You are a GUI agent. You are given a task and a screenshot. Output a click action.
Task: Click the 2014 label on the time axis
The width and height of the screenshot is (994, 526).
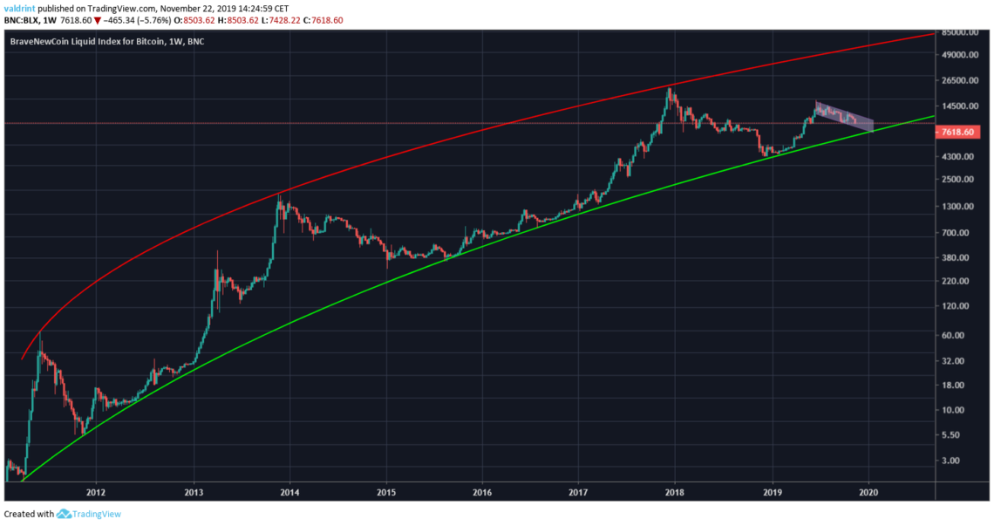(x=289, y=492)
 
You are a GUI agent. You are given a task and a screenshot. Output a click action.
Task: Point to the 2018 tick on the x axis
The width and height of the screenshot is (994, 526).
(x=675, y=492)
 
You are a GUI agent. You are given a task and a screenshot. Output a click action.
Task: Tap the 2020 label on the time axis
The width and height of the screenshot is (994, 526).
(x=868, y=492)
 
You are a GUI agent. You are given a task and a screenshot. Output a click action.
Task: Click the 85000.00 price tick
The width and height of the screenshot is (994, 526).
(x=963, y=33)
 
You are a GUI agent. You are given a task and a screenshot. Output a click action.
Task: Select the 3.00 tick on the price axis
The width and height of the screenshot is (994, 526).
(x=954, y=461)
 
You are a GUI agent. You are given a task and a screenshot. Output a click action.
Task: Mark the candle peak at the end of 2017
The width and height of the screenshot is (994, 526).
(x=669, y=88)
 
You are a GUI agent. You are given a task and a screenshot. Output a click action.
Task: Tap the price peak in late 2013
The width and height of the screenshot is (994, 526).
(x=279, y=196)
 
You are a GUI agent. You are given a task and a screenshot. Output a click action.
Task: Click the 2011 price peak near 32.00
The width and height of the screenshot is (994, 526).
(x=40, y=334)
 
